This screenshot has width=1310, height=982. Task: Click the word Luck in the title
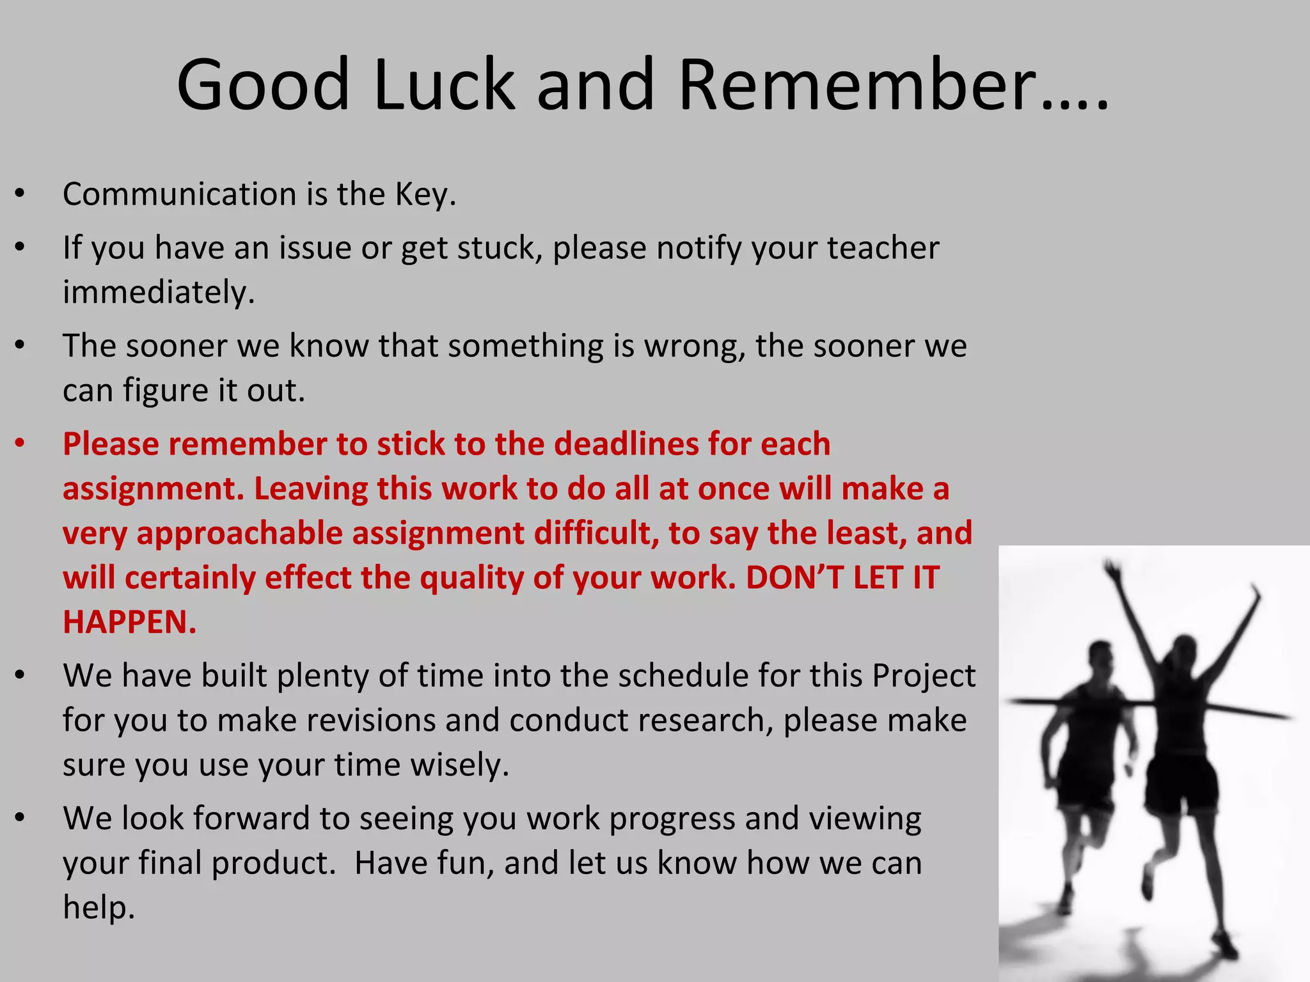tap(443, 85)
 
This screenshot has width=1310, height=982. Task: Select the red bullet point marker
tap(20, 443)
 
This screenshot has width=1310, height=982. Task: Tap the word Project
tap(924, 676)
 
